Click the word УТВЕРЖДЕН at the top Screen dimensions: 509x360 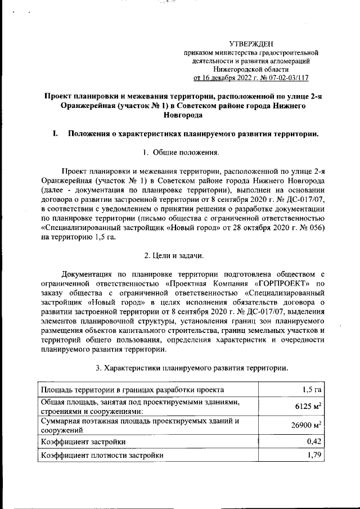point(251,43)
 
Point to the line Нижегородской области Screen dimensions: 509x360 point(251,69)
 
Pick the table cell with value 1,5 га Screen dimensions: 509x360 point(310,389)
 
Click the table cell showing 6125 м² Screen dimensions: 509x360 point(307,407)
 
